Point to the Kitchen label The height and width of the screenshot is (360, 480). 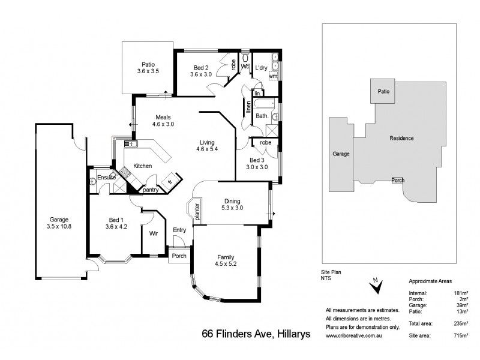point(142,166)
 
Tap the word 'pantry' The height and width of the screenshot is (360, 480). point(151,190)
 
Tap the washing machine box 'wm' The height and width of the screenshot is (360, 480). point(273,76)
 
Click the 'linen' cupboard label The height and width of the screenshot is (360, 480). point(248,108)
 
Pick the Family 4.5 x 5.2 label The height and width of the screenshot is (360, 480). point(225,260)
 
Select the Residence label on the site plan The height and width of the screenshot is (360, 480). point(401,138)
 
